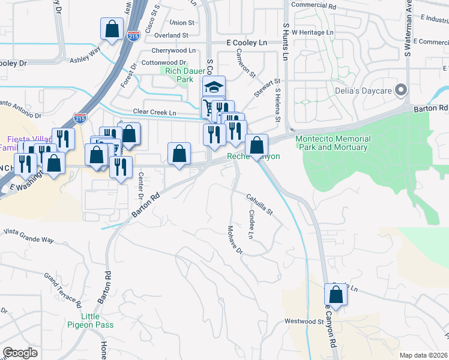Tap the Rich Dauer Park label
tap(179, 74)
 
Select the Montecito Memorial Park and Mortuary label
tap(333, 143)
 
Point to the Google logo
tap(20, 353)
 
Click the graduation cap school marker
tap(214, 86)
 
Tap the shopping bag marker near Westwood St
tap(336, 295)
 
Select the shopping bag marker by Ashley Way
tap(112, 28)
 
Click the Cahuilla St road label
tap(259, 204)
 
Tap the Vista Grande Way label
tap(28, 235)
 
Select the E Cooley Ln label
tap(246, 43)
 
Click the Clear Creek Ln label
tap(154, 113)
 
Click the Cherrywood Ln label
tap(174, 50)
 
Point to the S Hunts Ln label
tap(285, 43)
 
